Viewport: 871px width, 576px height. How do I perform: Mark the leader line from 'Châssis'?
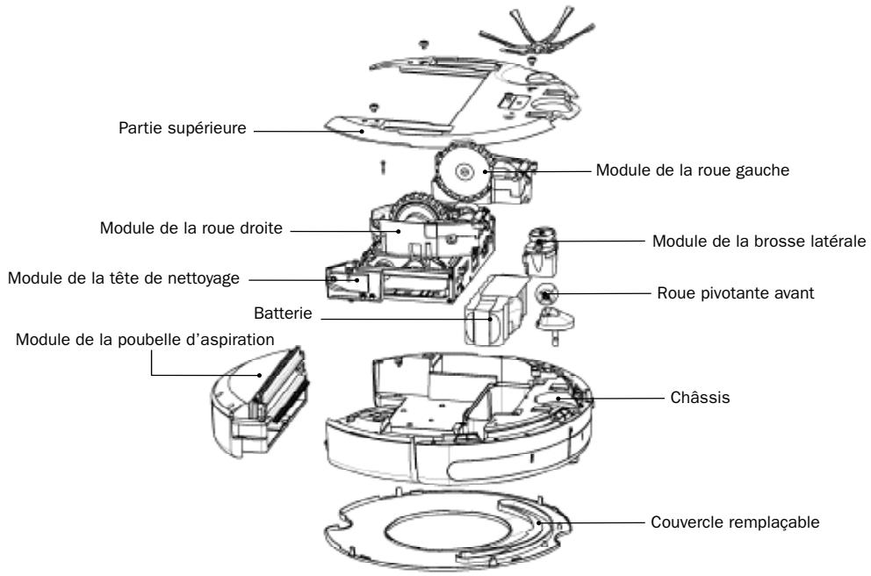tap(623, 398)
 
